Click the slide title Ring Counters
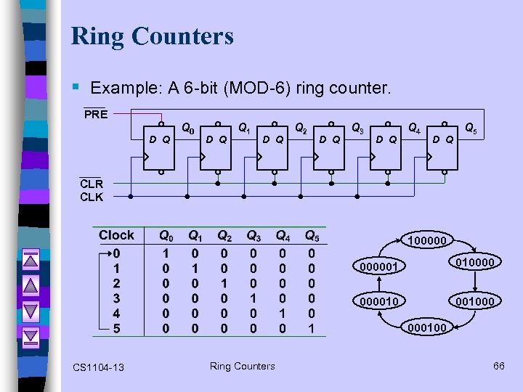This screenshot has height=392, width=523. (x=153, y=36)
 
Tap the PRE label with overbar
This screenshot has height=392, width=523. (x=95, y=115)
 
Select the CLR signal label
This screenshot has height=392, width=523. (x=92, y=184)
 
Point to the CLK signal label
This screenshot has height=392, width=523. (x=92, y=197)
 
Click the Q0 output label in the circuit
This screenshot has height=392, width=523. (x=187, y=129)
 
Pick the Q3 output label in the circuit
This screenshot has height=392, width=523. (x=358, y=129)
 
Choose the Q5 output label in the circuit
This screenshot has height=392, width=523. (x=471, y=129)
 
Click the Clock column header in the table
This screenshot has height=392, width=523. (x=117, y=235)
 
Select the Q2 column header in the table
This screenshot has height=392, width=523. (x=224, y=236)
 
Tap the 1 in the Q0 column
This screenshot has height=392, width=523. (x=166, y=254)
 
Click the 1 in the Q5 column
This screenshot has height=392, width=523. (x=311, y=329)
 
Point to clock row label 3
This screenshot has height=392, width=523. (x=117, y=298)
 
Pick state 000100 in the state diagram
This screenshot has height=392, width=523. (x=427, y=328)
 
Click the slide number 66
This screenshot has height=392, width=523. (x=498, y=366)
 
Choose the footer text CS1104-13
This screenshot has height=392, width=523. (x=98, y=367)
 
